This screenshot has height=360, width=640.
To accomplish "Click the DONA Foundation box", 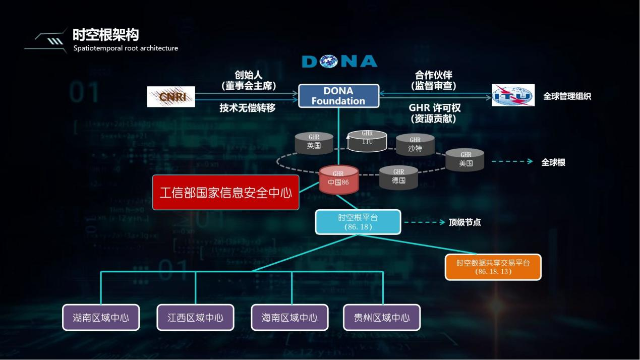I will pos(338,96).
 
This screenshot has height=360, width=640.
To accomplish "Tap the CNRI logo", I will pos(171,97).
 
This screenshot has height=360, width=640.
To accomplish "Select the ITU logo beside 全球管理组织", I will pos(513,95).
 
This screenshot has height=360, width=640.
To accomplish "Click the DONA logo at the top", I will pos(339,62).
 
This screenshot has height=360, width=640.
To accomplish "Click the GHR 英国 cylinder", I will pos(314,144).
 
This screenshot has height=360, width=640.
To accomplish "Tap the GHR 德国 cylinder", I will pos(398,177).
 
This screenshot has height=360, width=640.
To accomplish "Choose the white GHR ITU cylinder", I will pos(367,141).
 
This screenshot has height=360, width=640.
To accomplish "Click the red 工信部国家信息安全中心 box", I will pos(225,193).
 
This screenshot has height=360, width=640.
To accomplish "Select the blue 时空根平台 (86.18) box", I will pos(358,222).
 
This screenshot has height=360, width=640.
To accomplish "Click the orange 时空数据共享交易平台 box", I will pos(493,267).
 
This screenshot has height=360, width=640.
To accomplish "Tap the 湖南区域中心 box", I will pos(101,318).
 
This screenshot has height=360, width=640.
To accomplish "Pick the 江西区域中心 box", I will pos(195,318).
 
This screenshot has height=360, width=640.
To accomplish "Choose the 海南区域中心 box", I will pos(289,318).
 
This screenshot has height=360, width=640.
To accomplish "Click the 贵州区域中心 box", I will pos(382,318).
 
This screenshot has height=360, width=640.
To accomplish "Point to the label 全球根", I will pos(553,162).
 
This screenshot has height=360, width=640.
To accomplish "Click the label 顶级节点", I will pos(464,222).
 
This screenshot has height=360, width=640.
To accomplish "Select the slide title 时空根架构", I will pos(105,35).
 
